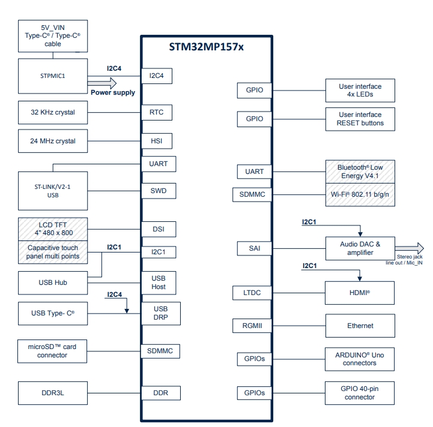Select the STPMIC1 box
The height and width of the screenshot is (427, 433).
(53, 76)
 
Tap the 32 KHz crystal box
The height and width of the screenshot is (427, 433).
(53, 112)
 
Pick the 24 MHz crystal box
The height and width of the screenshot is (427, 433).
(53, 141)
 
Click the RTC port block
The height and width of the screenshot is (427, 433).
(156, 112)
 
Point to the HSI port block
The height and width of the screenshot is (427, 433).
(156, 141)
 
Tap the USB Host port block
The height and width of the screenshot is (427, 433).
(158, 282)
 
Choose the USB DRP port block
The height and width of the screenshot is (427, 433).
(158, 313)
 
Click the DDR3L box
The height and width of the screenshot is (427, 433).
(53, 393)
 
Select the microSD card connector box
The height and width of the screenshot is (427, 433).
(53, 351)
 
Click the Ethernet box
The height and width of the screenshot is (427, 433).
(360, 326)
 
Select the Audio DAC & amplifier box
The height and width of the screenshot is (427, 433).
(360, 248)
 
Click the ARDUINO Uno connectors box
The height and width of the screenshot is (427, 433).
(360, 359)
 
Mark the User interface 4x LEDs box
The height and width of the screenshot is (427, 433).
(360, 91)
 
